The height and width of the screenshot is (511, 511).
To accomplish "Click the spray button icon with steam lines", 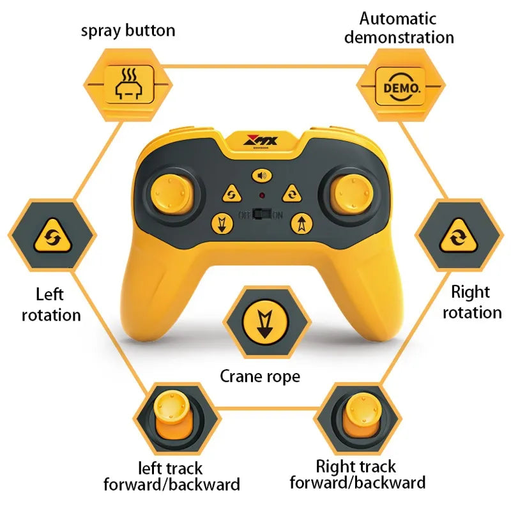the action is point(129,84).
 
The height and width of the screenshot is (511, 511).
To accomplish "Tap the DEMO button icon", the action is point(400,87).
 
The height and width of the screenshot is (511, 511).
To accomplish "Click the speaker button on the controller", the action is point(262,176).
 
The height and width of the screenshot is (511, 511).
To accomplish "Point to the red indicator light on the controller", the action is point(262,195).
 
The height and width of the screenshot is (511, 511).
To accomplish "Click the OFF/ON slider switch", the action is point(263,214).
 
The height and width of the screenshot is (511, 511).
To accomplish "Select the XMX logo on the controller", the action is point(261,141).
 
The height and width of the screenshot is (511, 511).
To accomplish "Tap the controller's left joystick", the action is point(172,195).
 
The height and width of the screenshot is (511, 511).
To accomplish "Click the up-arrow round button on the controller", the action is point(301,224).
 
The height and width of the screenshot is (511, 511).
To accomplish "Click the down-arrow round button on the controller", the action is point(222,224).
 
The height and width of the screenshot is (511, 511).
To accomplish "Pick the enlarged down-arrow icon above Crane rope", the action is point(265,323).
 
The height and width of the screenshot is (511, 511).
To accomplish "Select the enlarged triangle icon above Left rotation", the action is point(52,236).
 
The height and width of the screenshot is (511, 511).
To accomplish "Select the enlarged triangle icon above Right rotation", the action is point(459,236).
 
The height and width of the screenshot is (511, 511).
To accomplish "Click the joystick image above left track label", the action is point(172,417).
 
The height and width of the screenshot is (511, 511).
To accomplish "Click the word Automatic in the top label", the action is point(397,19).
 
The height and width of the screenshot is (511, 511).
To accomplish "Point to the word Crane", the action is point(241,376).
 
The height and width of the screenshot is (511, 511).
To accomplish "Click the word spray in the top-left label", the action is point(102,31).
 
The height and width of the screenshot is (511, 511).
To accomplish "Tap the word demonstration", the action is point(399,37).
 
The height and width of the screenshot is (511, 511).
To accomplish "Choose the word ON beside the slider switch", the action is point(278,215).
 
